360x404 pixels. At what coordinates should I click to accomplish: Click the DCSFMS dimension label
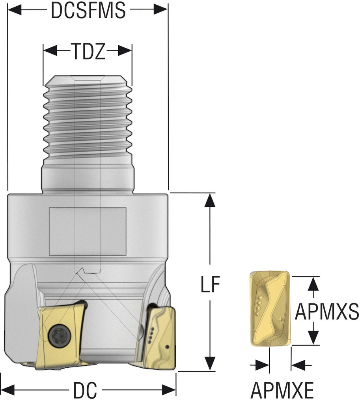(x=88, y=11)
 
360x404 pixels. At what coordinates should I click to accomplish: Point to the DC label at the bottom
(x=86, y=391)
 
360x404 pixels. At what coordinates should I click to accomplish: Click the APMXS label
(x=327, y=312)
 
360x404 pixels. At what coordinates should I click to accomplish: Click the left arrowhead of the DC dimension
(x=8, y=390)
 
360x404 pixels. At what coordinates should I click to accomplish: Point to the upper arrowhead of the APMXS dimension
(x=313, y=284)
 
